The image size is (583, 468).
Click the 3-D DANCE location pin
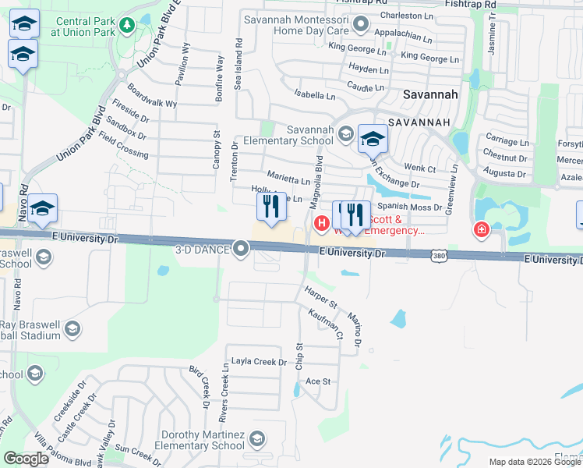[242, 250]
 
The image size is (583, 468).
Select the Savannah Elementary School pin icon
[344, 135]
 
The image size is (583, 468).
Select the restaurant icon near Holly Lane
[271, 207]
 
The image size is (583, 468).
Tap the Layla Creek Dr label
[254, 362]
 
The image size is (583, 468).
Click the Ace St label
[319, 381]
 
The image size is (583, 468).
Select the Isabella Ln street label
[314, 96]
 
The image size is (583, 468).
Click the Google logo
[26, 459]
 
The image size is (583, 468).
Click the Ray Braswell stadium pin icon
[72, 328]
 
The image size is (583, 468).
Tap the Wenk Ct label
[419, 168]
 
